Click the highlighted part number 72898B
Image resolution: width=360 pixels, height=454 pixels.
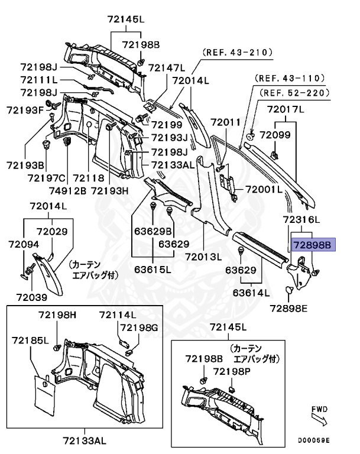[x=313, y=244]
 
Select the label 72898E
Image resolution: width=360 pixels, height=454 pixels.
[x=290, y=307]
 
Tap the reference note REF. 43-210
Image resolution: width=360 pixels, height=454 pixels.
[x=238, y=53]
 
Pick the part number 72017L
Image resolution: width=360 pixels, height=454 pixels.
[x=286, y=109]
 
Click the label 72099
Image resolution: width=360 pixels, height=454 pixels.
[x=277, y=135]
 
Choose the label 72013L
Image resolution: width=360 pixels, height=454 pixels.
[x=203, y=257]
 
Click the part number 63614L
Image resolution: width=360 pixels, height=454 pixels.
[x=251, y=292]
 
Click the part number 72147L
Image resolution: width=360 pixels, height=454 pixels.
[x=167, y=68]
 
